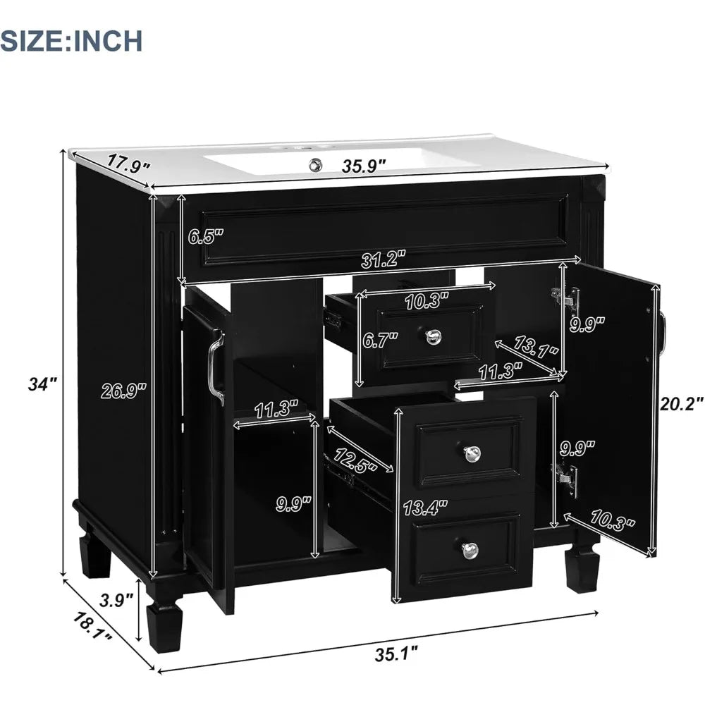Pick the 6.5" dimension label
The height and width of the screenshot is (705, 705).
pyautogui.click(x=205, y=236)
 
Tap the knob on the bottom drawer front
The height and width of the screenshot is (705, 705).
pyautogui.click(x=468, y=549)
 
